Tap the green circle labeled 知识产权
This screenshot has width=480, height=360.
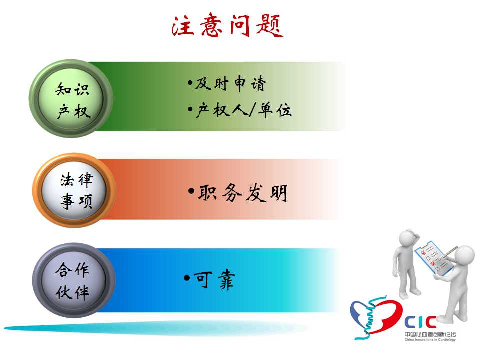(71, 98)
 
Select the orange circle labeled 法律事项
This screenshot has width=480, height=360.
(74, 190)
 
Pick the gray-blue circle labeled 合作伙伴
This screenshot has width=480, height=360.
(74, 280)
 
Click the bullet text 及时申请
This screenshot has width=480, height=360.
(231, 84)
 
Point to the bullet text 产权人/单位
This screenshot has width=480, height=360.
(244, 110)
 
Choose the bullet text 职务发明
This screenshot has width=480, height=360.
(243, 193)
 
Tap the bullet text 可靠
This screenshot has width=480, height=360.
(214, 279)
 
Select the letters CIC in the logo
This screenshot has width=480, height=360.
(420, 322)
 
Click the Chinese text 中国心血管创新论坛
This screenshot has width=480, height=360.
(430, 334)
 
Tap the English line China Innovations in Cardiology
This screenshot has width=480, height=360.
(430, 340)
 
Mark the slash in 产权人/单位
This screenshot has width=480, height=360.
(252, 110)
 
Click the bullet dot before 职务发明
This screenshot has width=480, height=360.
(191, 192)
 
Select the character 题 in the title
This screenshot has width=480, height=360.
(270, 25)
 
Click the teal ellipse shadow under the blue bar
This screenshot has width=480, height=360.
(156, 328)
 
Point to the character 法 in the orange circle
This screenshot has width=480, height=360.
(67, 179)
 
